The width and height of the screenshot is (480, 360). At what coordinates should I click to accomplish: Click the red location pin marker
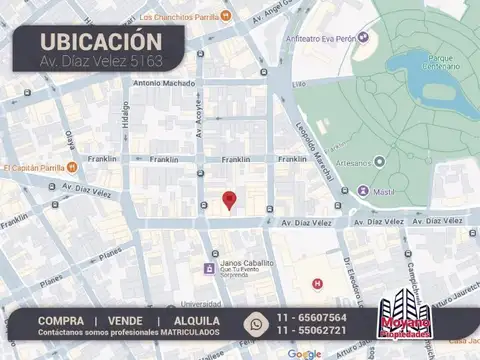[229, 200]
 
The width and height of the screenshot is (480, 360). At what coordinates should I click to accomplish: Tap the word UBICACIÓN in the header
[100, 41]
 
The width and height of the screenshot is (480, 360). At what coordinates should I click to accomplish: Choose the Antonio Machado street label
[162, 83]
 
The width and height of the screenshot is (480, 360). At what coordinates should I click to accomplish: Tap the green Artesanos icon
[381, 160]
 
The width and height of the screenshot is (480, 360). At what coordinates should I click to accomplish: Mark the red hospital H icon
[318, 284]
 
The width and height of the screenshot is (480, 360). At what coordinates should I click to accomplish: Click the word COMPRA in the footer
[61, 320]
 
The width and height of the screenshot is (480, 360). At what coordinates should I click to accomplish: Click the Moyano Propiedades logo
[407, 319]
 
